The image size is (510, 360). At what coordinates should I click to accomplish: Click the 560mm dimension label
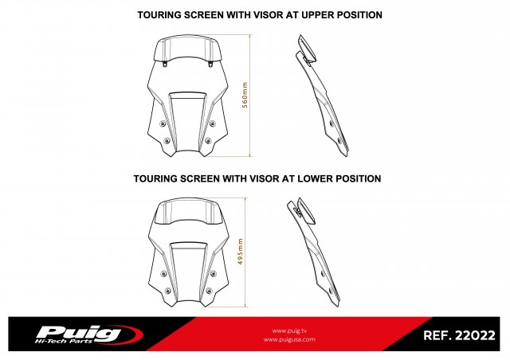coord(245,95)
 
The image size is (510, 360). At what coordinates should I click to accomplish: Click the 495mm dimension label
coord(241,252)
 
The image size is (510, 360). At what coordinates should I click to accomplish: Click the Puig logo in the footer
coord(88,335)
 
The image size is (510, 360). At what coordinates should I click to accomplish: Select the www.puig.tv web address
coord(289,331)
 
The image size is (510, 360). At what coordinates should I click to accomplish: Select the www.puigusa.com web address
coord(289,339)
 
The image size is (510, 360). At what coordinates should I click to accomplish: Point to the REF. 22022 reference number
coord(459,335)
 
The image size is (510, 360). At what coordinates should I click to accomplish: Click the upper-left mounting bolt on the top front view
coord(163,123)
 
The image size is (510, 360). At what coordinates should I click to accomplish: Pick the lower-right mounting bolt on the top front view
coord(209,141)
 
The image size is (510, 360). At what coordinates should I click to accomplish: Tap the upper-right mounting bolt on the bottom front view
coord(213,273)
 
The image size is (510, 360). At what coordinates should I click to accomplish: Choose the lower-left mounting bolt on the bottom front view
coord(168,291)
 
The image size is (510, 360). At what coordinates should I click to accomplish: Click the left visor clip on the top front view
coord(165,64)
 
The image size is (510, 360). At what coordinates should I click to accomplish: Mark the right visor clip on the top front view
coord(210,64)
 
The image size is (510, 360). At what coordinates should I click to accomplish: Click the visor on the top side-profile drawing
coord(307,48)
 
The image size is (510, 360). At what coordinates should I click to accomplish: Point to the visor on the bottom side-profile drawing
coord(306,211)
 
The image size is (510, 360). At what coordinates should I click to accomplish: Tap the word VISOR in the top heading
coord(268,15)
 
